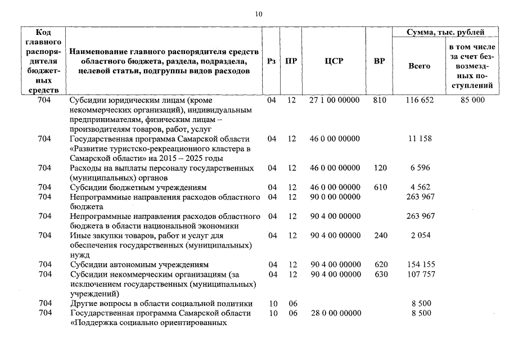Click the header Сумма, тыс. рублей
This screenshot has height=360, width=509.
click(x=445, y=33)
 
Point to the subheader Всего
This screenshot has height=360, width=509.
click(x=419, y=66)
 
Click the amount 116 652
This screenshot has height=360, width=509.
click(x=420, y=100)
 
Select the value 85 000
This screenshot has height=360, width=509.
click(x=472, y=100)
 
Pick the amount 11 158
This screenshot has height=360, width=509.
click(x=420, y=138)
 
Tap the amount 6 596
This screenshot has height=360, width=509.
click(x=420, y=168)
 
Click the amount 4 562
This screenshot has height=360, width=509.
click(x=420, y=187)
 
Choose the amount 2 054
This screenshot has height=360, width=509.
click(x=420, y=235)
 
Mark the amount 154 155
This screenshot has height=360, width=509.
click(x=420, y=264)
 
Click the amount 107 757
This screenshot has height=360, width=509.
click(x=420, y=274)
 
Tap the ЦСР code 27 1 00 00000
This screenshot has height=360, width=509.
click(x=334, y=100)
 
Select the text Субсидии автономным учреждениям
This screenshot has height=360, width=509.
click(x=139, y=264)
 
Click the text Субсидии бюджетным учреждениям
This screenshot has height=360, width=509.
click(x=138, y=187)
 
